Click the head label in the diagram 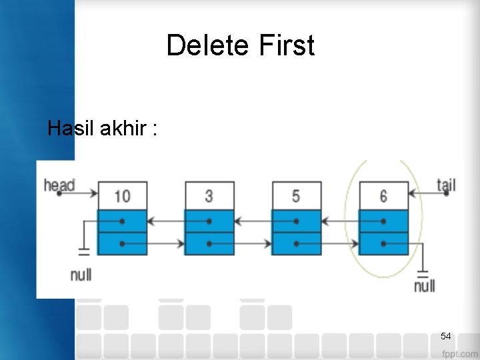coord(59,184)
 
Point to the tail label coord(446,184)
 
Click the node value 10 coord(122,196)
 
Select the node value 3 coord(209,196)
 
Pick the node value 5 coord(296,196)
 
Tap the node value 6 coord(383,196)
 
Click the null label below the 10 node coord(81,274)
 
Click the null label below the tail coord(424,286)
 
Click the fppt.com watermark coord(459,353)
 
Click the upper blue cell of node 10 coord(122,221)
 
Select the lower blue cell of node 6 coord(383,243)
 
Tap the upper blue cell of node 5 coord(296,221)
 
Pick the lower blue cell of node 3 coord(209,243)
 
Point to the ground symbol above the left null coord(84,252)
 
